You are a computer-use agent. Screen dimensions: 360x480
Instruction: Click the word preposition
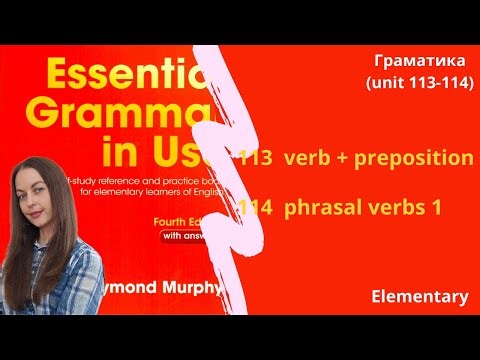pos(411,158)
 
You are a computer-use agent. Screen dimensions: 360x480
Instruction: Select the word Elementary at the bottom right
pos(418,297)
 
